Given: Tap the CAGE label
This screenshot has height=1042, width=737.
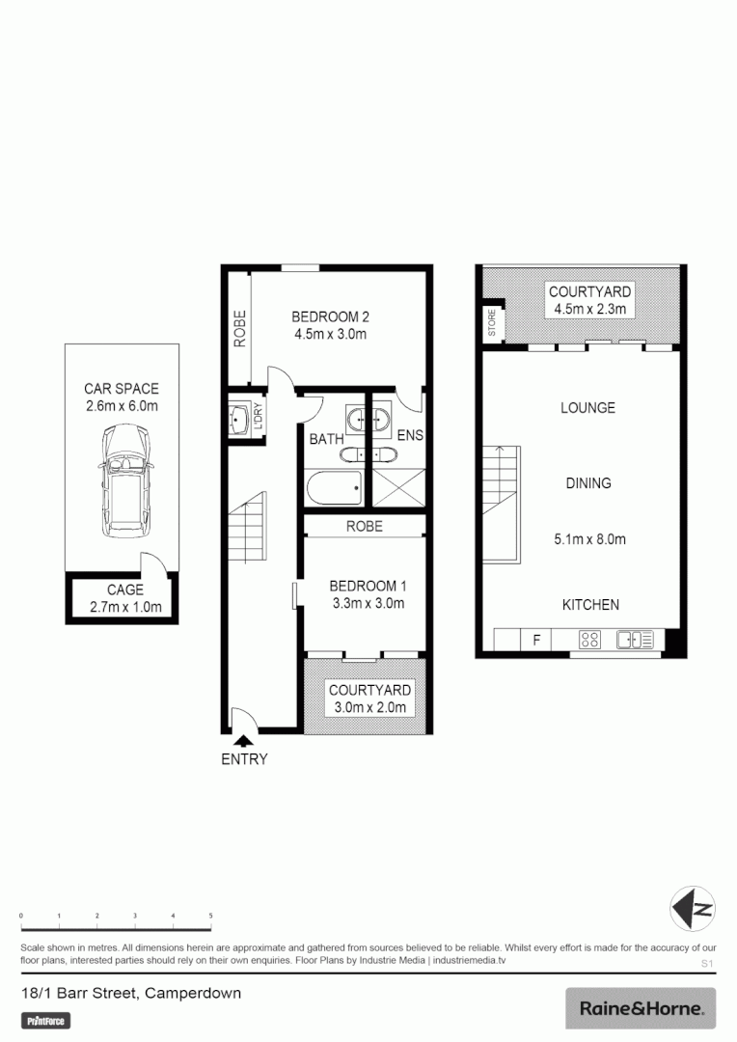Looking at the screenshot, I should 125,590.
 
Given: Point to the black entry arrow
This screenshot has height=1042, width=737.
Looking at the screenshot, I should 244,741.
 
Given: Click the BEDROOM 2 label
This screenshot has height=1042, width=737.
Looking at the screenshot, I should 331,316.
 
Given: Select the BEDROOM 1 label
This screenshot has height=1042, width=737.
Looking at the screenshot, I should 367,586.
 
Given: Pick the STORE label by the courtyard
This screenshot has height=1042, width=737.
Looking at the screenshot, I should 491,322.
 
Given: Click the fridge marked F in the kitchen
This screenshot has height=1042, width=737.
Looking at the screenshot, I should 534,639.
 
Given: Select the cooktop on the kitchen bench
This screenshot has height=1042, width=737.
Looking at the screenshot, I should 588,639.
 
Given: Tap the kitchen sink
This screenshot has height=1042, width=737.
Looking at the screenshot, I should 634,639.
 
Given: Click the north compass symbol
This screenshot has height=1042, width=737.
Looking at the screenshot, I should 693,909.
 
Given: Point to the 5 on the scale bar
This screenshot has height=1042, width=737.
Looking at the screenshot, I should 210,915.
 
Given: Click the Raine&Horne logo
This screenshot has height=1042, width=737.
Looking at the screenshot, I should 641,1008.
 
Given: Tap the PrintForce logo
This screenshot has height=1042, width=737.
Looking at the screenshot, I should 46,1021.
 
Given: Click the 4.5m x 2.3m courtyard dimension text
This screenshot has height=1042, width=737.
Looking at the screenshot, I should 589,309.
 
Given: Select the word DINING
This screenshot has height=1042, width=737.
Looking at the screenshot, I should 588,482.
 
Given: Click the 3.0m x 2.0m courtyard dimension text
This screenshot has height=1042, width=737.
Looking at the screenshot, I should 369,707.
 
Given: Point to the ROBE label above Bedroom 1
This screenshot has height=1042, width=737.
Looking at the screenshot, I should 365,526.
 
